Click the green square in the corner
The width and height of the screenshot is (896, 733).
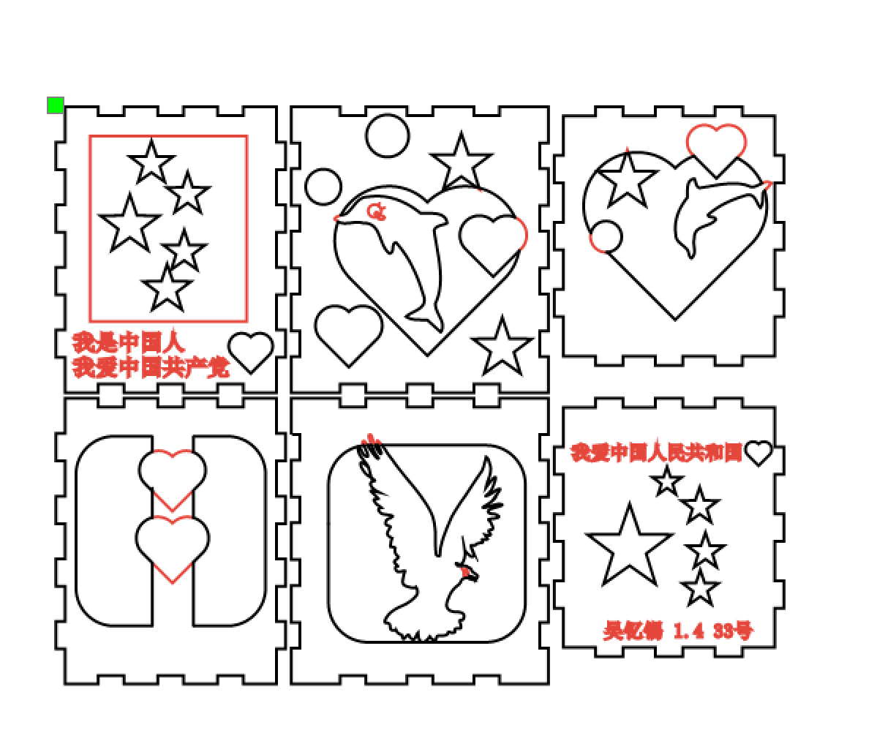pos(56,105)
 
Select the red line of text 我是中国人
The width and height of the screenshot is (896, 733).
pos(128,342)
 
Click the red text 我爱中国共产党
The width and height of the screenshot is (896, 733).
pos(150,366)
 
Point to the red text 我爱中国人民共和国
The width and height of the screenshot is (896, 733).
pos(656,453)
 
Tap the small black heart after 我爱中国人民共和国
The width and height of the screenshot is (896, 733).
pos(758,453)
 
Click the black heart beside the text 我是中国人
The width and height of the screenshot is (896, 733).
pos(251,350)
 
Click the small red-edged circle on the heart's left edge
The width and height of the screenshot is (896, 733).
pos(606,237)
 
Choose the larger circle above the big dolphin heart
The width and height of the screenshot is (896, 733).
pos(388,136)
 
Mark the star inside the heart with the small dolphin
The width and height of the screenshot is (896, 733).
pos(627,178)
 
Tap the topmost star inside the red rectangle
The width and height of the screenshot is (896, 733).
pos(151,162)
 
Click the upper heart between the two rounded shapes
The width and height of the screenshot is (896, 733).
pos(173,478)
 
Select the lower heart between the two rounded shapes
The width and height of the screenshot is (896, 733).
pos(173,546)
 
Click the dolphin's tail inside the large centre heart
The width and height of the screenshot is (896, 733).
pos(426,317)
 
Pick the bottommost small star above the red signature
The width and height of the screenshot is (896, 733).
pos(700,589)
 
